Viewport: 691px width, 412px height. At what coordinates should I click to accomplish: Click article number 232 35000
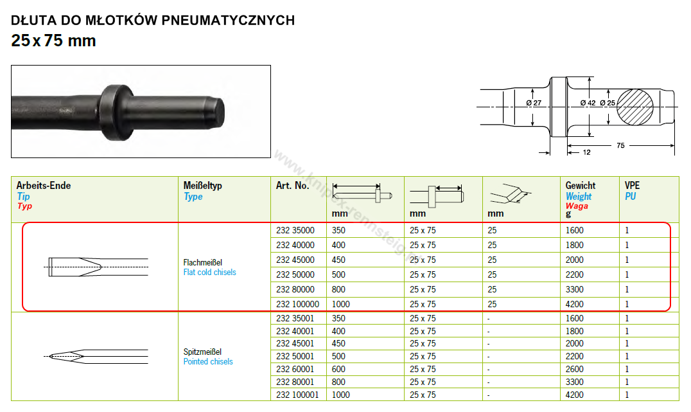pyautogui.click(x=295, y=230)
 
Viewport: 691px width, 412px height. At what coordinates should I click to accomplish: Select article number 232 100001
pyautogui.click(x=297, y=395)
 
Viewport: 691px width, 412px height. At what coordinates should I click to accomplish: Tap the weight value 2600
pyautogui.click(x=575, y=369)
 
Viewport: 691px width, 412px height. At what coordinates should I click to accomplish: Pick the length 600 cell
pyautogui.click(x=338, y=369)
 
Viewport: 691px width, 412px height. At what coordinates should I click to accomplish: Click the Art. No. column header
pyautogui.click(x=293, y=186)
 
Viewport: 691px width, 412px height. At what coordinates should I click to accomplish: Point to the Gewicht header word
pyautogui.click(x=581, y=186)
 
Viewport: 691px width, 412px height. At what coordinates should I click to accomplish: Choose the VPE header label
pyautogui.click(x=632, y=186)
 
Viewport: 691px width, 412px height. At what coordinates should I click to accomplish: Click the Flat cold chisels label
pyautogui.click(x=210, y=273)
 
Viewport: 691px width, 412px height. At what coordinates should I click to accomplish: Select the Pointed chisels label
pyautogui.click(x=208, y=362)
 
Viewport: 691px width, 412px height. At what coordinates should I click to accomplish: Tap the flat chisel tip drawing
pyautogui.click(x=98, y=267)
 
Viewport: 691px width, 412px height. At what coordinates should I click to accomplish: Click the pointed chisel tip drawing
pyautogui.click(x=96, y=357)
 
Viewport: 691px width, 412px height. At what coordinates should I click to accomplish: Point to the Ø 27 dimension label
pyautogui.click(x=534, y=103)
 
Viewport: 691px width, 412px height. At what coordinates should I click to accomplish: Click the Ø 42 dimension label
pyautogui.click(x=588, y=103)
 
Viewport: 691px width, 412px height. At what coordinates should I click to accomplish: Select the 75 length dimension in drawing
pyautogui.click(x=620, y=145)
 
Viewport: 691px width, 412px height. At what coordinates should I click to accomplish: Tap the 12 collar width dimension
pyautogui.click(x=586, y=152)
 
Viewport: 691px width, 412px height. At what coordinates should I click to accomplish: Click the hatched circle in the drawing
pyautogui.click(x=634, y=107)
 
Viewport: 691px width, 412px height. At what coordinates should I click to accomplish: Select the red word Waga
pyautogui.click(x=577, y=206)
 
